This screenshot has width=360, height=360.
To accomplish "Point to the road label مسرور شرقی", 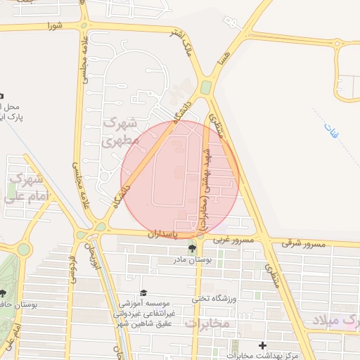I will click(x=304, y=243).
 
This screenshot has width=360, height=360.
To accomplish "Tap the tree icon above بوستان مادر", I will click(x=192, y=248).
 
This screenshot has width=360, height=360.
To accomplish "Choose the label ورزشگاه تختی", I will click(x=211, y=298).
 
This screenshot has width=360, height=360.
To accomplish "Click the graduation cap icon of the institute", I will click(x=144, y=292).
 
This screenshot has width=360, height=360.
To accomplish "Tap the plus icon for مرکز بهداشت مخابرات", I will click(x=263, y=345).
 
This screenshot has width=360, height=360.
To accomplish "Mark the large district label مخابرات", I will click(x=207, y=323).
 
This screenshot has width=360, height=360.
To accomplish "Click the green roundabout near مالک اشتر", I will click(x=205, y=87).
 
